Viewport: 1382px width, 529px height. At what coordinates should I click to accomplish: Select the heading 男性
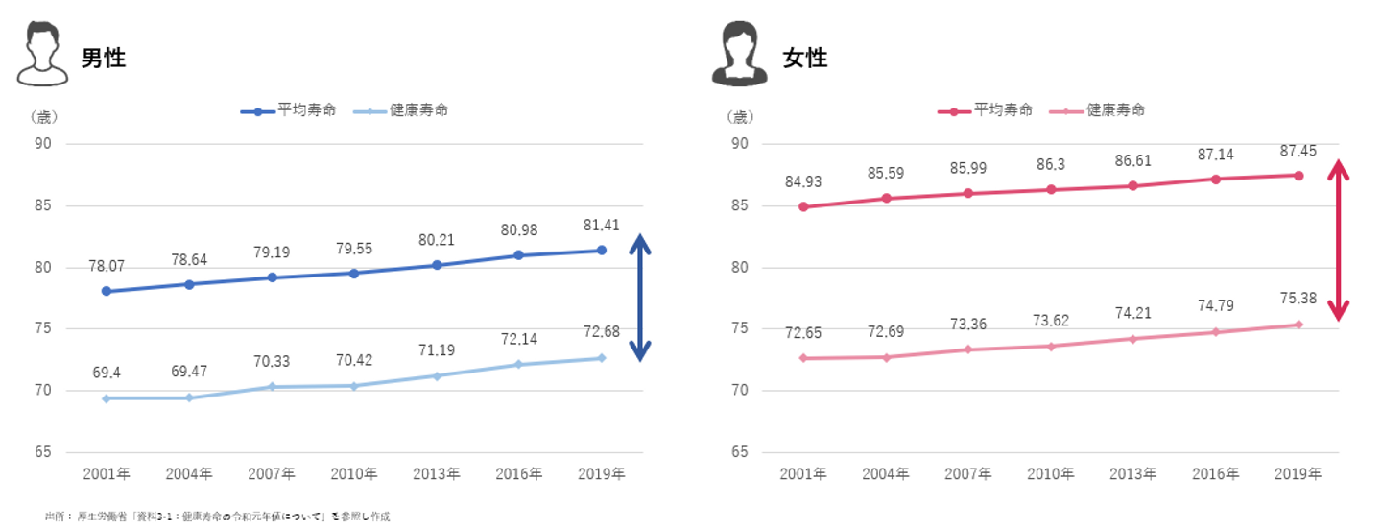pyautogui.click(x=104, y=59)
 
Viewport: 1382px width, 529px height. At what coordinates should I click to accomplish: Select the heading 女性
pyautogui.click(x=804, y=59)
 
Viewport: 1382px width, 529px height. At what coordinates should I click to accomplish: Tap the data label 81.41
pyautogui.click(x=601, y=225)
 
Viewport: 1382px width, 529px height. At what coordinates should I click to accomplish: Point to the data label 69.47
pyautogui.click(x=189, y=369)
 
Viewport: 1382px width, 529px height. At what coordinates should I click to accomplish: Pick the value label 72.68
pyautogui.click(x=601, y=332)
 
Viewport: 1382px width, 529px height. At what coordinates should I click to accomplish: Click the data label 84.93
pyautogui.click(x=802, y=181)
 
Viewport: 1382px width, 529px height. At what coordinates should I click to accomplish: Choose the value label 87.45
pyautogui.click(x=1299, y=151)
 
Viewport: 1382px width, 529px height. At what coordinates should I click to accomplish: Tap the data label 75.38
pyautogui.click(x=1299, y=299)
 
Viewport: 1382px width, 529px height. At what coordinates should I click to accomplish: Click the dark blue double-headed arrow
pyautogui.click(x=640, y=299)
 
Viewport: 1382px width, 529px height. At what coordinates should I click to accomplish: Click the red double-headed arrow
pyautogui.click(x=1339, y=240)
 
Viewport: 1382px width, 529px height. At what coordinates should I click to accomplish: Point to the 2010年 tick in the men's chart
pyautogui.click(x=353, y=473)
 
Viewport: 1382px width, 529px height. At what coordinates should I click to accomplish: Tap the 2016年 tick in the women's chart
pyautogui.click(x=1215, y=473)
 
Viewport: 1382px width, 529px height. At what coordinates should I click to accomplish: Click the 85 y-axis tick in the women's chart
pyautogui.click(x=741, y=205)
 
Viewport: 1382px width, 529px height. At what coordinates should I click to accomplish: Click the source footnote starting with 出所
pyautogui.click(x=217, y=517)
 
